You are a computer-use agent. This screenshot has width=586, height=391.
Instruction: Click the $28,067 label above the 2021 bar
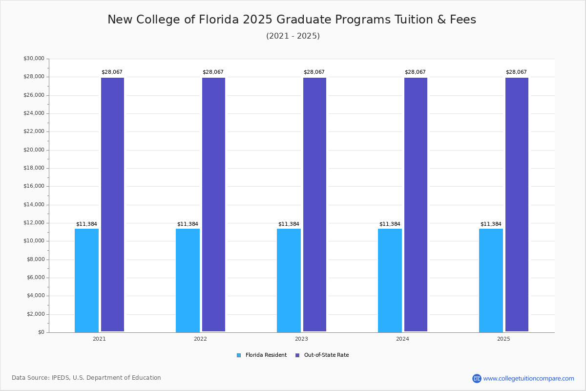[112, 72]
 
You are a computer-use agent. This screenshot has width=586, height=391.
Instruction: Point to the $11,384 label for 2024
[390, 224]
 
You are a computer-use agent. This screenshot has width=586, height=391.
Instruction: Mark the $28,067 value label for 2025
[516, 72]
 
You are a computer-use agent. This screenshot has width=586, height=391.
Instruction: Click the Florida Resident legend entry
[262, 355]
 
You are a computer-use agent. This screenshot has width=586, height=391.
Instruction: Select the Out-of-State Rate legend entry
[322, 355]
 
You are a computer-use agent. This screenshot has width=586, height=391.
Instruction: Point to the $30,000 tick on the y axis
[34, 59]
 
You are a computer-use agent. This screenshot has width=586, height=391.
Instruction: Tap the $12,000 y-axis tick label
[34, 223]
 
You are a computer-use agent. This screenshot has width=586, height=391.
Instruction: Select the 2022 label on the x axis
[200, 339]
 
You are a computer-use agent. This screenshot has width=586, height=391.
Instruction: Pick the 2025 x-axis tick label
[503, 339]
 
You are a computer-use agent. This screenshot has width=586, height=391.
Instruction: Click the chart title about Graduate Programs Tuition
[292, 20]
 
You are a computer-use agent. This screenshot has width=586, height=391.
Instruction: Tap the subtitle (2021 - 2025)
[293, 36]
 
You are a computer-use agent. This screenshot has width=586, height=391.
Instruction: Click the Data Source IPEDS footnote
[86, 378]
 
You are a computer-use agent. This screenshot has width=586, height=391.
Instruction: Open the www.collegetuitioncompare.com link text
[528, 378]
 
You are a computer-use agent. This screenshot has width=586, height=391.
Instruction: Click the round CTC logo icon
[477, 378]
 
